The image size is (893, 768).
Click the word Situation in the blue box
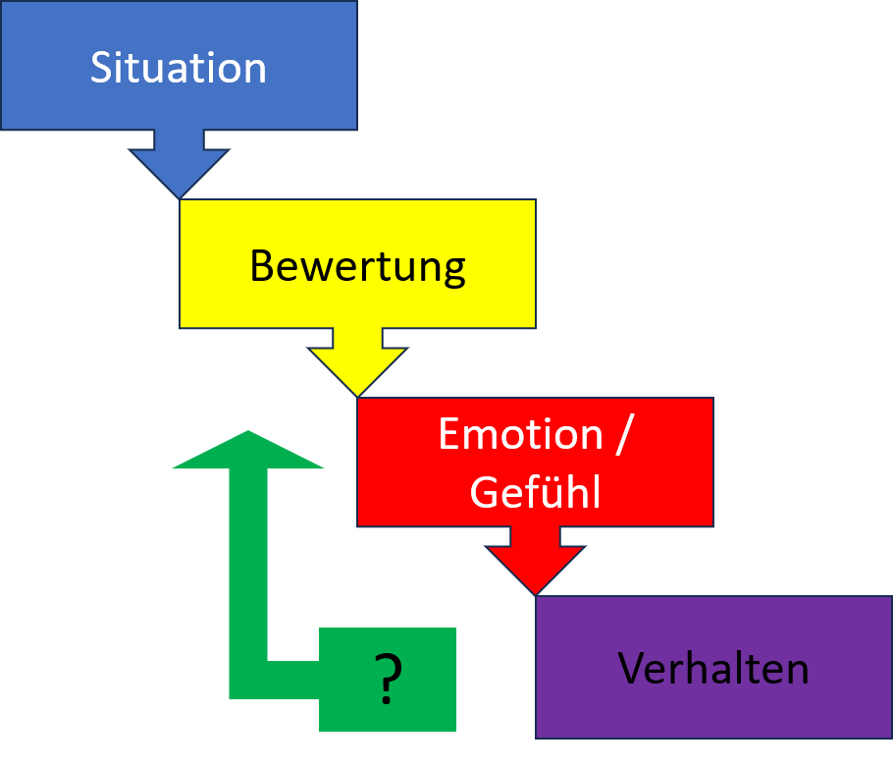point(179,68)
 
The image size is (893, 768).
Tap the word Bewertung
point(357,266)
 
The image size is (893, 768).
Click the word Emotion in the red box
point(520,435)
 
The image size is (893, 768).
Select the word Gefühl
point(535,492)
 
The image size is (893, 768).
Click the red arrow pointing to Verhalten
point(535,562)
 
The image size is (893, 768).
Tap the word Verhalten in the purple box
point(713,669)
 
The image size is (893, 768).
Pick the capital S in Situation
point(101,68)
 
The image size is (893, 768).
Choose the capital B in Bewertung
point(261,266)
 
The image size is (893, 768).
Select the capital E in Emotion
point(449,435)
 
